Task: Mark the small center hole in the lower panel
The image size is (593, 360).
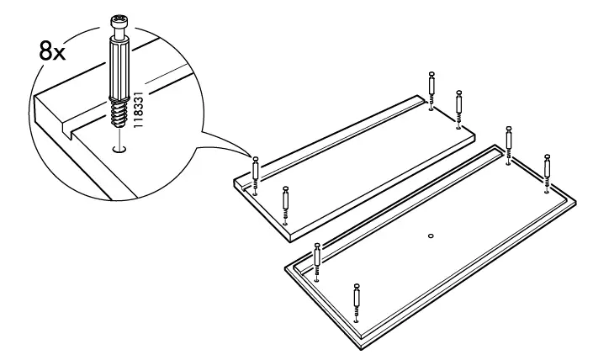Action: tap(430, 236)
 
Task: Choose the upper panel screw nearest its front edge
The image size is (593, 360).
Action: tap(286, 204)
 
